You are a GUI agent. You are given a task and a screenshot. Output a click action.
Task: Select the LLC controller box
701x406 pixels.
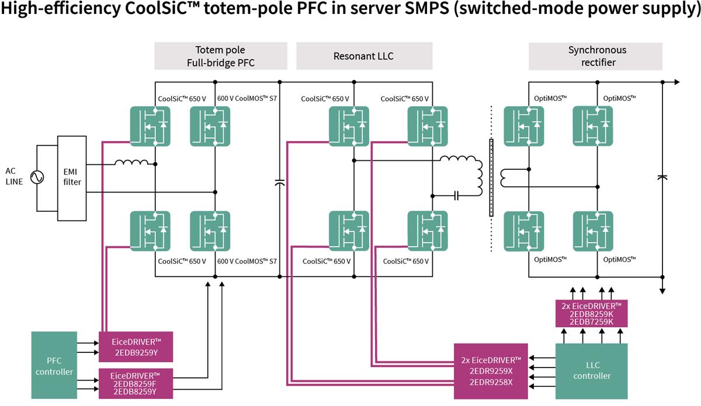point(591,370)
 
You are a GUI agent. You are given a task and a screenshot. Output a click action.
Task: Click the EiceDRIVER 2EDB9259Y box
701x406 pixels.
point(136,343)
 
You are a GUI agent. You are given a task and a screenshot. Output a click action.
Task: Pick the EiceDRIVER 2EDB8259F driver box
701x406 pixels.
point(136,383)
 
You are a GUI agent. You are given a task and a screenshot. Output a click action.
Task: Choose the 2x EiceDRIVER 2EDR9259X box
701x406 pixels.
point(491,370)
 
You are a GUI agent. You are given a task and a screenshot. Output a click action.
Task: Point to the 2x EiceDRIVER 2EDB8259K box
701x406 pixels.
point(591,313)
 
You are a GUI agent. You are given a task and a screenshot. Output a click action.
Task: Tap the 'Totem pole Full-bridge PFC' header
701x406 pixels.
point(221,56)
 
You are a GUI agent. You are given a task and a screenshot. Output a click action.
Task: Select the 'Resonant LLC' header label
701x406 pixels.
point(363,56)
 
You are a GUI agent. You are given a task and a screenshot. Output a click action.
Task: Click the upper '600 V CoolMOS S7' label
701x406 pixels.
point(247,99)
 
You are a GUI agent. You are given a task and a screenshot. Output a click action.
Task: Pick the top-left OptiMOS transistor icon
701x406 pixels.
point(523,125)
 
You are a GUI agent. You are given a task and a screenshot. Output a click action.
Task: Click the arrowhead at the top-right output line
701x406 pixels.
point(676,82)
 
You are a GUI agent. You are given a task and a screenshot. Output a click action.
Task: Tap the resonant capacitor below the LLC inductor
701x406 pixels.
point(456,195)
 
